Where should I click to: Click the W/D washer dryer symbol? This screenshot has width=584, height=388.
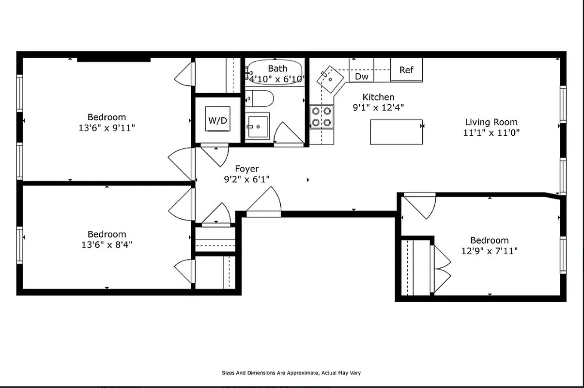coord(217,119)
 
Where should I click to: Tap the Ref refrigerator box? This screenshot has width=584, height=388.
coord(406,70)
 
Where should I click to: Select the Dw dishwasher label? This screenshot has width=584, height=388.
coord(361,76)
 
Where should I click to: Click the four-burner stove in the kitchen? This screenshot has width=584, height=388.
coord(322,116)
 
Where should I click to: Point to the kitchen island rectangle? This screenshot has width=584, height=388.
coord(396,132)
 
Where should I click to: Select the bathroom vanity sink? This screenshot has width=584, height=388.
coord(257,127)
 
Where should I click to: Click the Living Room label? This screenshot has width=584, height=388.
coord(491,122)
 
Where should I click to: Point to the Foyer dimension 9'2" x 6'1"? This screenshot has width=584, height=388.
coord(246,179)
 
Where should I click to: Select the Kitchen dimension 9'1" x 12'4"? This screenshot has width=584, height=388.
coord(378,108)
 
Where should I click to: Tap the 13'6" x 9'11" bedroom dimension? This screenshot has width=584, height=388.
coord(107,128)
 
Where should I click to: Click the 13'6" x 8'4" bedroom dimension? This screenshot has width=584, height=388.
coord(107,245)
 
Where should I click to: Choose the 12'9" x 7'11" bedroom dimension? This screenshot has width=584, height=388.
coord(490,251)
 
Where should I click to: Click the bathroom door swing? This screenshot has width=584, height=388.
coord(288,133)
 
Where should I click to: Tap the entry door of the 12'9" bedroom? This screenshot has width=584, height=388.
coord(419,206)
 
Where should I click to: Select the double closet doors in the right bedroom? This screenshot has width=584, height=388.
coord(442,269)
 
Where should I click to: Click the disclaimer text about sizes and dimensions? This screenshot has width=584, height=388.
coord(291,373)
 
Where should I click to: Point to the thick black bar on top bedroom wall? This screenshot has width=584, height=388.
coord(114,60)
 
